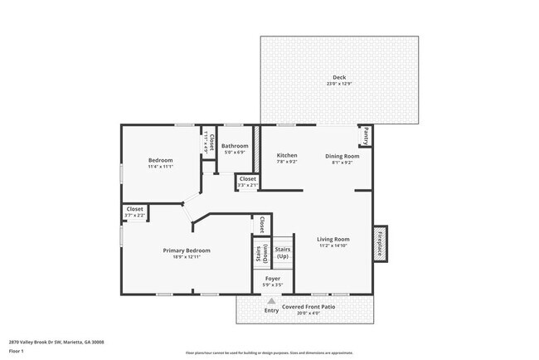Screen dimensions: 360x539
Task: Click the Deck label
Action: (339, 78)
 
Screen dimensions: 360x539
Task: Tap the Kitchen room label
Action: (287, 155)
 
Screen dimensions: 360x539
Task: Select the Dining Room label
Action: (342, 155)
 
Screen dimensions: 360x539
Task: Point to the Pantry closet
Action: (364, 135)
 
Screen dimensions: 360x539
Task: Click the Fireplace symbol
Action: (381, 245)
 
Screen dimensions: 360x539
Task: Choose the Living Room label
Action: (333, 240)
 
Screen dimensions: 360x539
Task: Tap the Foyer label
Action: (272, 279)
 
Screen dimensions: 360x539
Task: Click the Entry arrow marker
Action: (271, 302)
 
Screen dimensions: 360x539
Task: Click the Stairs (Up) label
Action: (283, 252)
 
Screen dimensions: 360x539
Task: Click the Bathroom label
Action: (235, 146)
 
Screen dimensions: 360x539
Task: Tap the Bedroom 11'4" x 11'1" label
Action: (160, 160)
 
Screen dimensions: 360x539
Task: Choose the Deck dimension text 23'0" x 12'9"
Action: (339, 84)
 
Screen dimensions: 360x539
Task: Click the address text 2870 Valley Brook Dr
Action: (56, 341)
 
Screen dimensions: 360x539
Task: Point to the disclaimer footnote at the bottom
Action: (269, 353)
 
